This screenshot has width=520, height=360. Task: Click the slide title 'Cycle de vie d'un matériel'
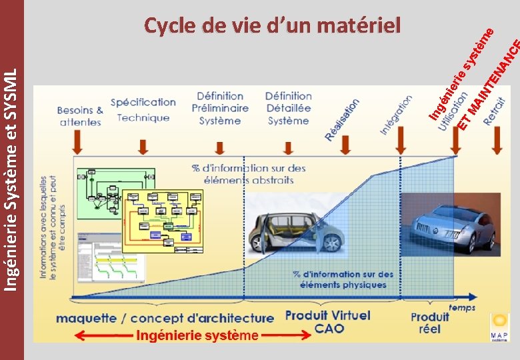pos(273,26)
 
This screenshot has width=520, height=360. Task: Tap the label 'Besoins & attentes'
pos(80,116)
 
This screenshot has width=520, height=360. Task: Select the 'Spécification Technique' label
pos(143,110)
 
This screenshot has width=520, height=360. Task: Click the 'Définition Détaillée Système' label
pos(289,108)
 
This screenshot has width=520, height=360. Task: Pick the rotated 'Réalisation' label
pos(342,119)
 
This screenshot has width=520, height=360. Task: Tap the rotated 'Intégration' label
pos(396,115)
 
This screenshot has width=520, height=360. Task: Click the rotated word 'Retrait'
pos(495,111)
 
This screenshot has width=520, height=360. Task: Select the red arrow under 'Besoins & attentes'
pos(78,141)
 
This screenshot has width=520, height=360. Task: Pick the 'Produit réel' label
pos(430,323)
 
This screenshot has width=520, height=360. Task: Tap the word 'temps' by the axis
pos(462,307)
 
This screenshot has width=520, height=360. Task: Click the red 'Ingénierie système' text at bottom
pos(197,335)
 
